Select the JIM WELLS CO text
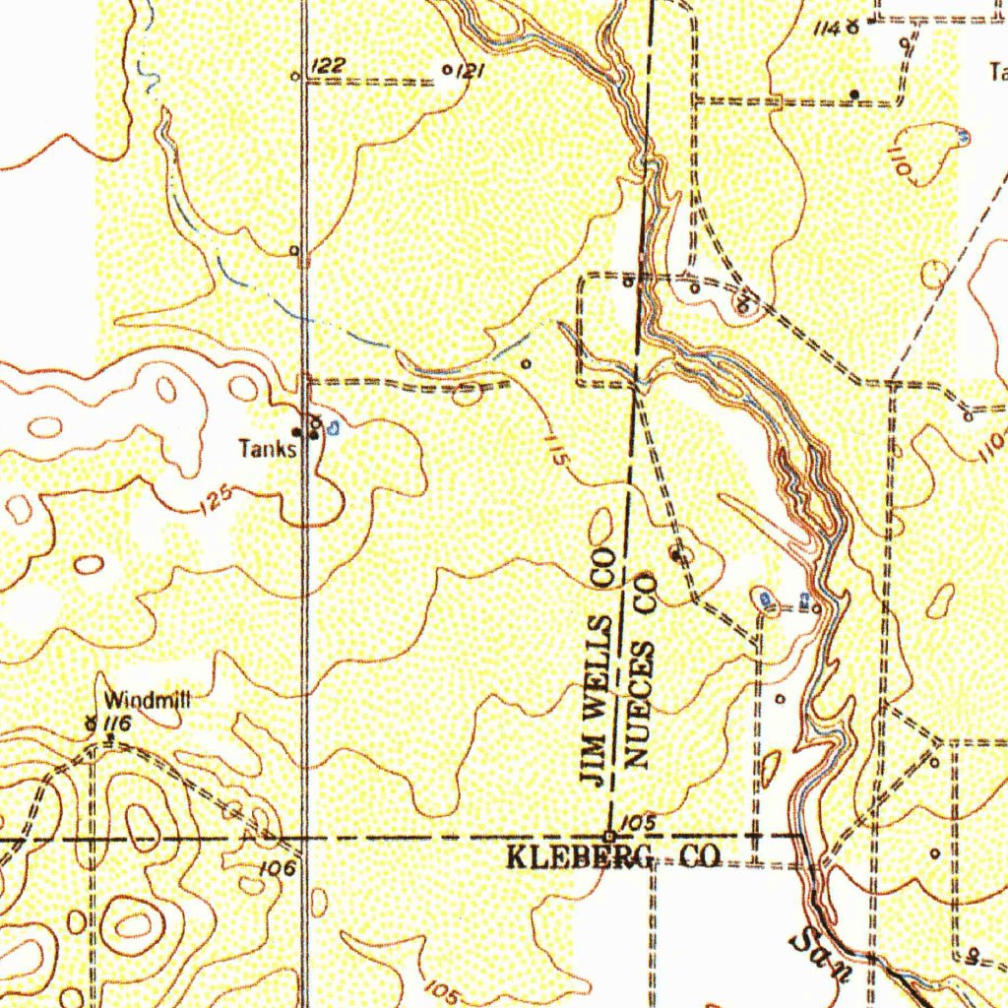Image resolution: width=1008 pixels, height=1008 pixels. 598,669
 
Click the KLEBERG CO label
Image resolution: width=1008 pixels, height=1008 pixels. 613,857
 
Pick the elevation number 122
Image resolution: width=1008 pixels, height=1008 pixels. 328,66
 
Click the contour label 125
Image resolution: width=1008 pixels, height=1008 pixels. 216,501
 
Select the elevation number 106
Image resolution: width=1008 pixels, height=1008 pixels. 280,867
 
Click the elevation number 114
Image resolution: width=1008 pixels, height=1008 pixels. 827,30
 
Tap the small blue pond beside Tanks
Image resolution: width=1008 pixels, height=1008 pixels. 334,428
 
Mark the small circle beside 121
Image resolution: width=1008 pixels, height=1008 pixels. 449,70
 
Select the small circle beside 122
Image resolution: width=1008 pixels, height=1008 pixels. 294,75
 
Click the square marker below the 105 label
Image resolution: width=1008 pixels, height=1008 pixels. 610,837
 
